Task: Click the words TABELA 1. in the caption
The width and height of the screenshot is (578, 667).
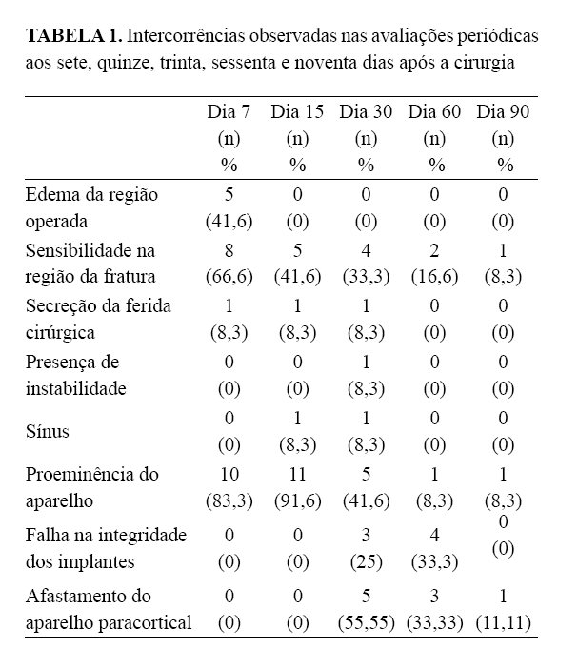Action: point(73,37)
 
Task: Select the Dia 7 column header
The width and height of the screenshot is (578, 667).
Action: point(229,112)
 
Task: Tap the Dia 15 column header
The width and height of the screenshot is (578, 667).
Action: point(297,112)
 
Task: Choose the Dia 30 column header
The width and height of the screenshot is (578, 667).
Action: point(366,112)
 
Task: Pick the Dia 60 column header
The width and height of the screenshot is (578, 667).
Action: point(435,112)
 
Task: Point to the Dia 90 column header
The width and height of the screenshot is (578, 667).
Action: point(504,112)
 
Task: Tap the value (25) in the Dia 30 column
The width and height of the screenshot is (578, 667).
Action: point(366,560)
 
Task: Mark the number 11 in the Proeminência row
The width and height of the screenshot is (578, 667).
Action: point(297,474)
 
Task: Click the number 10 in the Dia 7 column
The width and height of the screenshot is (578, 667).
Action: point(229,474)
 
